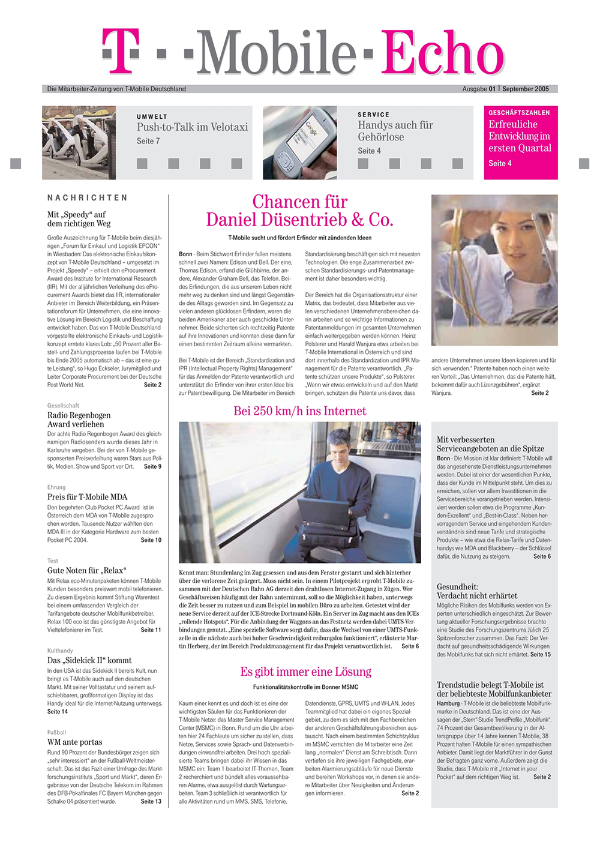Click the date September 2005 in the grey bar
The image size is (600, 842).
coord(525,89)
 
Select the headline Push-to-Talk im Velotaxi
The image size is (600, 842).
coord(192,127)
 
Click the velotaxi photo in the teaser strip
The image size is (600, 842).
coord(79,143)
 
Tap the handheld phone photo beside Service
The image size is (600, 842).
coord(299,143)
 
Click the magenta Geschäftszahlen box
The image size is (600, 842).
coord(520,143)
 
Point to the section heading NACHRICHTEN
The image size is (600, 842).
coord(88,197)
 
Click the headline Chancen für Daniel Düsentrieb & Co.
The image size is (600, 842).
coord(299,211)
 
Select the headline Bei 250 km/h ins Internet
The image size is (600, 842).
coord(299,411)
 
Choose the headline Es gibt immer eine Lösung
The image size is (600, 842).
coord(305,672)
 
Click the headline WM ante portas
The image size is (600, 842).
coord(74,742)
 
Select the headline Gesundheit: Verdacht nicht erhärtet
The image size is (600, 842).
coord(476,591)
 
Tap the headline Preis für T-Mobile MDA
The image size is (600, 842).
coord(87,497)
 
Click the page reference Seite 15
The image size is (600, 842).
coord(540,654)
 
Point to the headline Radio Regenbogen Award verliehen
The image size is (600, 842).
coord(79,419)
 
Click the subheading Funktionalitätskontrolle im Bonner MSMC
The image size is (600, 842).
coord(305,687)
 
